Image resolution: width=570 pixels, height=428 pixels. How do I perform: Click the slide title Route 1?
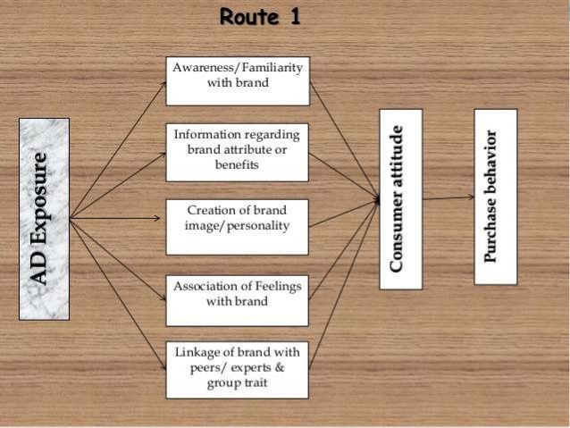click(x=259, y=17)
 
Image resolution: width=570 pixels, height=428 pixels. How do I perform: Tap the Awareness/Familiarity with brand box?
click(x=237, y=80)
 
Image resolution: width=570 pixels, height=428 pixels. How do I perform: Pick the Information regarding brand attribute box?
click(x=237, y=150)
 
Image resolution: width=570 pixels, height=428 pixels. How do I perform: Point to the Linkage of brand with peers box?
click(x=237, y=369)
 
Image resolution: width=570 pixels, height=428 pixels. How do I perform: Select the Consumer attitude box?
click(x=400, y=198)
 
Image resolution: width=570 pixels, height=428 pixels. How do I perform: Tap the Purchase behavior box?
click(x=495, y=197)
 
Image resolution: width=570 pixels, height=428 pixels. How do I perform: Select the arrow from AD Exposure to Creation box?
click(x=118, y=216)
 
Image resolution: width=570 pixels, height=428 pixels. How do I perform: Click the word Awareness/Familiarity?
click(x=238, y=68)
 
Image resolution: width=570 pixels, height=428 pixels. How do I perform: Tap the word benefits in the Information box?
click(x=237, y=165)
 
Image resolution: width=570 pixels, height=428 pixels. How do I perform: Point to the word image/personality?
click(x=238, y=226)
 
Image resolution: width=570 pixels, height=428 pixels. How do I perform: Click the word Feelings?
click(x=274, y=286)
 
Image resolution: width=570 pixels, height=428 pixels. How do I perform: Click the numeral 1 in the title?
click(x=295, y=17)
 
